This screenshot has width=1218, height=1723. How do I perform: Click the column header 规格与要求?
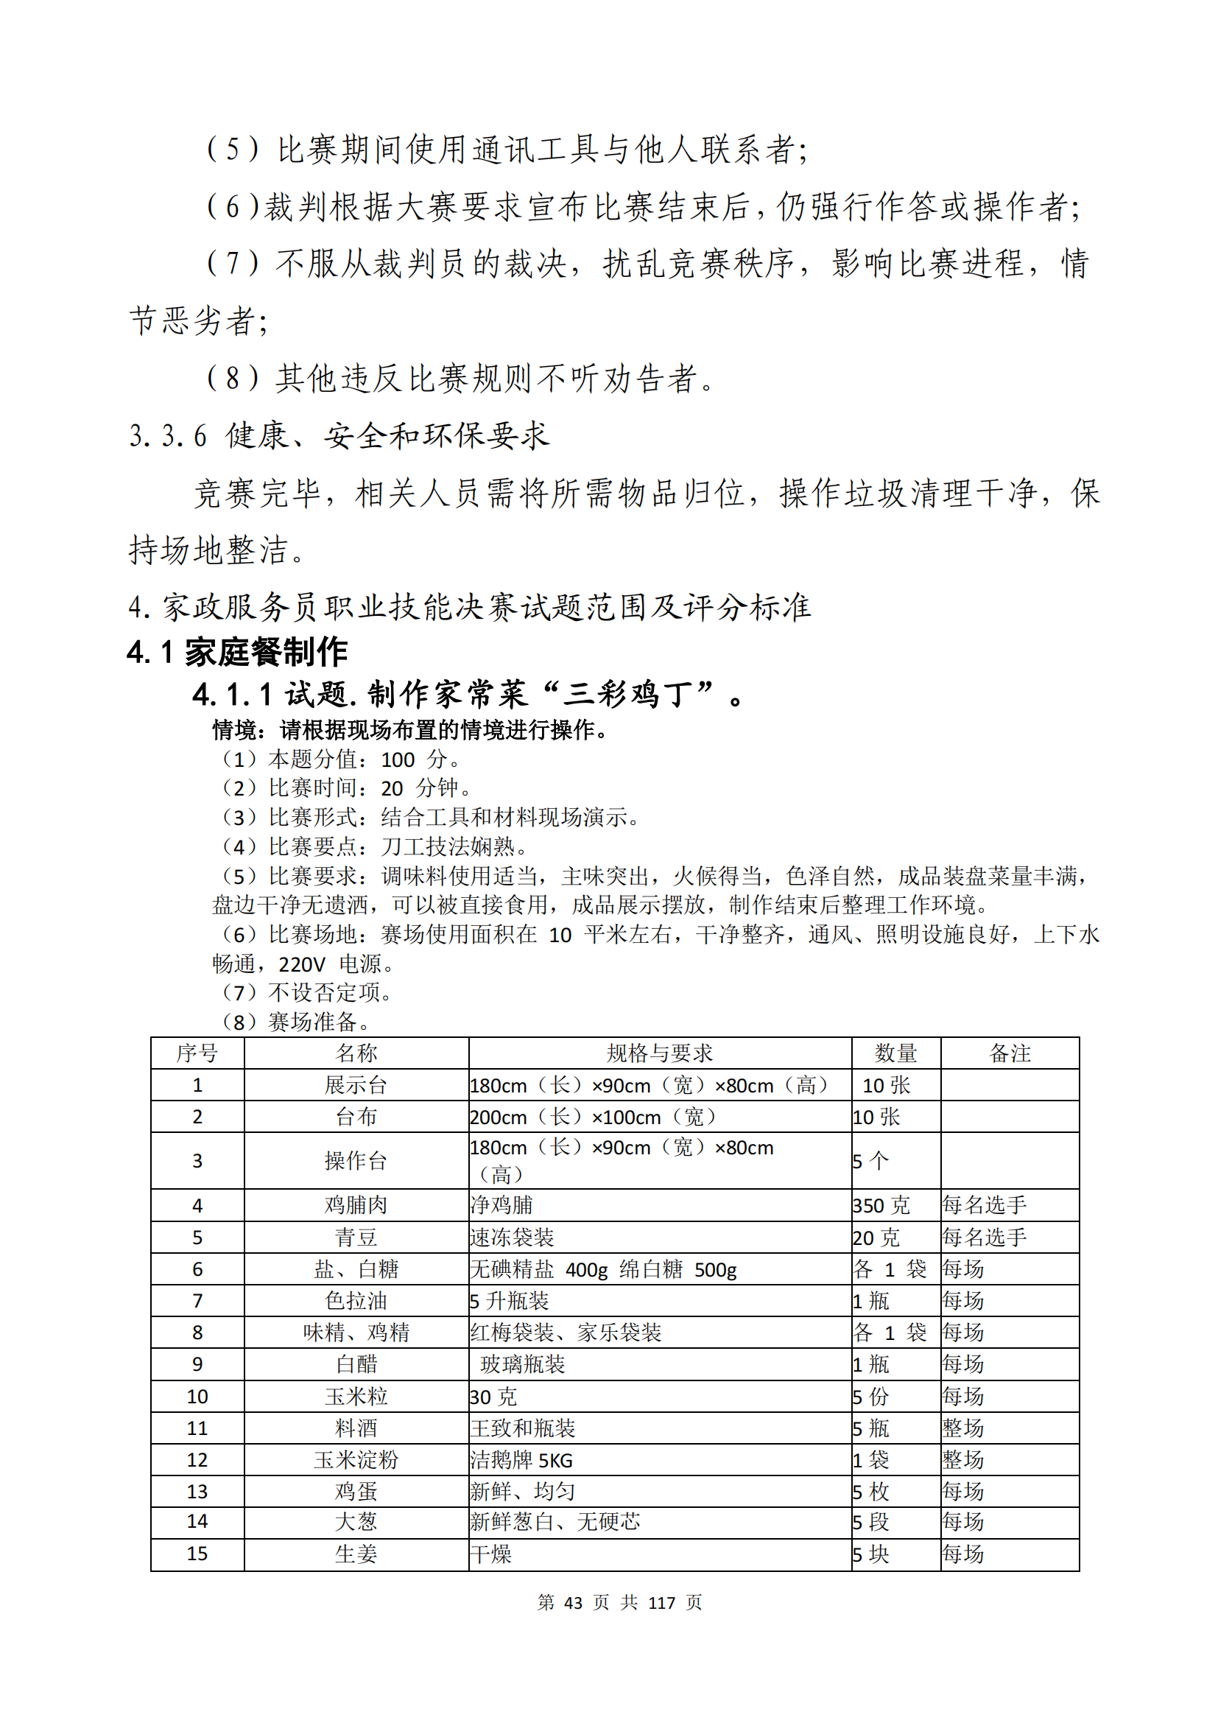click(659, 1053)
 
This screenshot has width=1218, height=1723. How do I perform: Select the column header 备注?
click(1010, 1053)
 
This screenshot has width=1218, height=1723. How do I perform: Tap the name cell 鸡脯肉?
click(356, 1205)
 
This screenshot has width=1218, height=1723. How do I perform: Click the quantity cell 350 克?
click(881, 1205)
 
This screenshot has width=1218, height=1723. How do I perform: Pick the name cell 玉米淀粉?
click(356, 1459)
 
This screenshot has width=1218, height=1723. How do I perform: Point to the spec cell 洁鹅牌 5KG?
click(521, 1460)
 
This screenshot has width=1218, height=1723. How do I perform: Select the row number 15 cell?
click(197, 1554)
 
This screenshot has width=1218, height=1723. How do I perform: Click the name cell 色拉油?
click(356, 1300)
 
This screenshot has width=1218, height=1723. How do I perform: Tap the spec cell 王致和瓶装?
click(523, 1428)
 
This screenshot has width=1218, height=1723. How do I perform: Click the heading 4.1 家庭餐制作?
click(237, 651)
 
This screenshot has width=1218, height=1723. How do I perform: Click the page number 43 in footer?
click(573, 1603)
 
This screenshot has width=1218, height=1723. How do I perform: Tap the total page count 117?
click(661, 1603)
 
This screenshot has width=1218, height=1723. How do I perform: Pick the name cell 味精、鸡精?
click(356, 1333)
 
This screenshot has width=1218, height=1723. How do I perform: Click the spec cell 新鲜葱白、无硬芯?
click(555, 1522)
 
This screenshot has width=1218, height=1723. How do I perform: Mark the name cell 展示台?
click(356, 1085)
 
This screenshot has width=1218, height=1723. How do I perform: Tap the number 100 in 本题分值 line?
click(398, 760)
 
